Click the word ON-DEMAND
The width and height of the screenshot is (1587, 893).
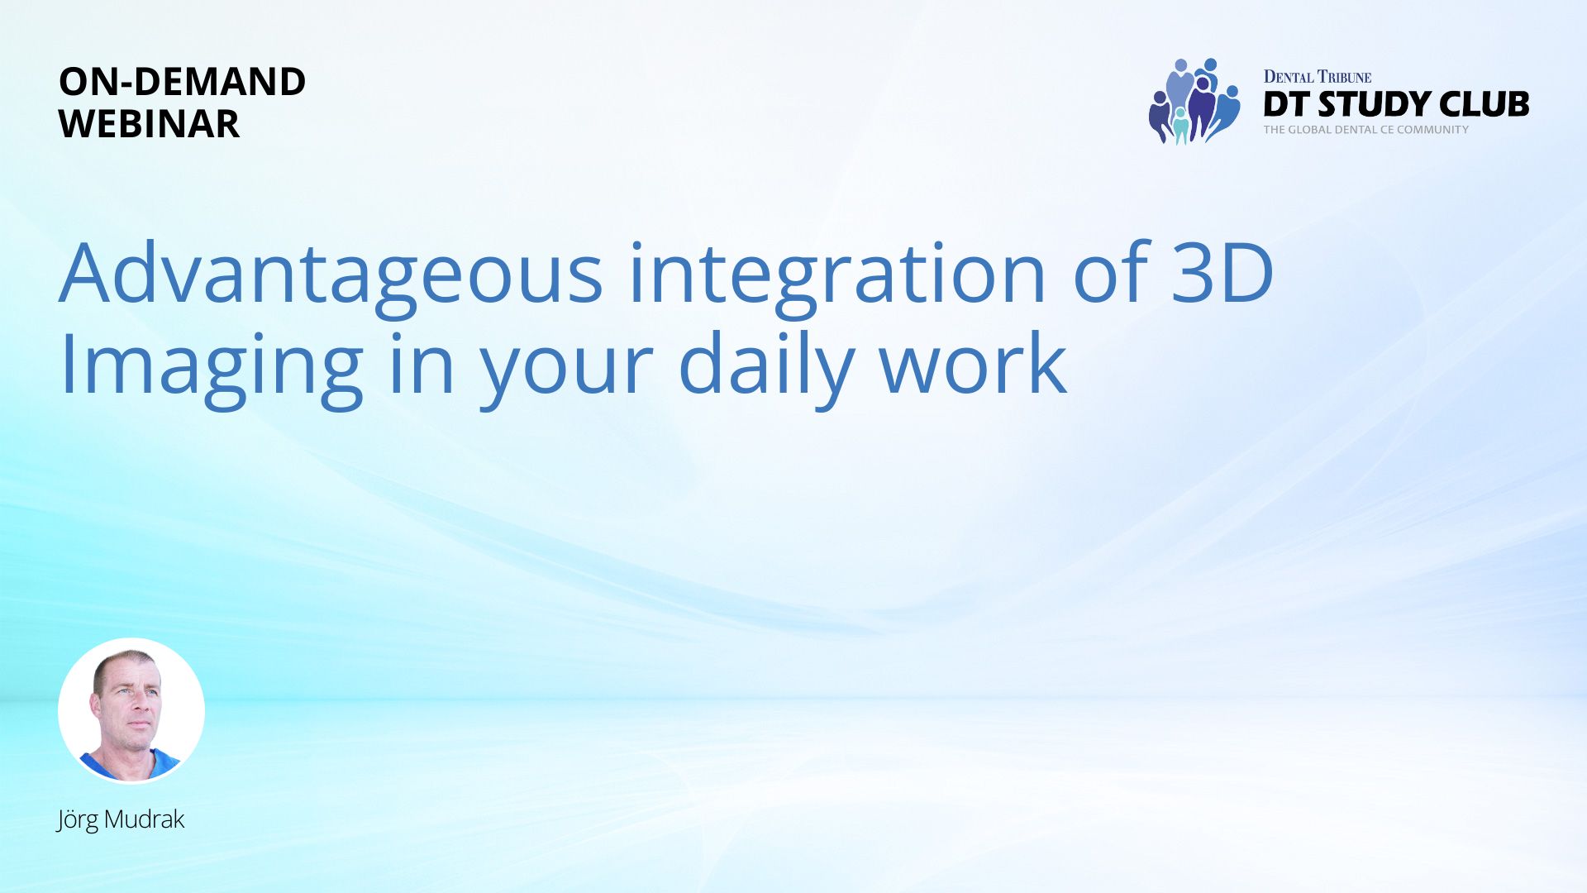(x=182, y=81)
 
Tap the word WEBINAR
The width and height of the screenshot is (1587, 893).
(x=149, y=124)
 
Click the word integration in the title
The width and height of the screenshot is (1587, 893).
(x=837, y=278)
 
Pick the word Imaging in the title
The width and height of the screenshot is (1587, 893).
(x=211, y=369)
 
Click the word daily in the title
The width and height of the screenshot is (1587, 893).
(x=765, y=369)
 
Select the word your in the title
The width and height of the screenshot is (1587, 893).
(x=566, y=373)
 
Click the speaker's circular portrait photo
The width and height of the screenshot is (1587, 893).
(x=131, y=710)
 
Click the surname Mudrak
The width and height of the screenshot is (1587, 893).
(x=145, y=819)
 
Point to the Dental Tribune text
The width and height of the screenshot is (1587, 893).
(x=1318, y=77)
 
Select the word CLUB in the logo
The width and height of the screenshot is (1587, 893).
(x=1485, y=104)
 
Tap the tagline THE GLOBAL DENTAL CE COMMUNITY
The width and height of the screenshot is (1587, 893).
(x=1365, y=130)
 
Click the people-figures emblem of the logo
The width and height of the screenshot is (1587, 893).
(x=1194, y=101)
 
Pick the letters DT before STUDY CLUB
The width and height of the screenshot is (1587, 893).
(x=1286, y=104)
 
